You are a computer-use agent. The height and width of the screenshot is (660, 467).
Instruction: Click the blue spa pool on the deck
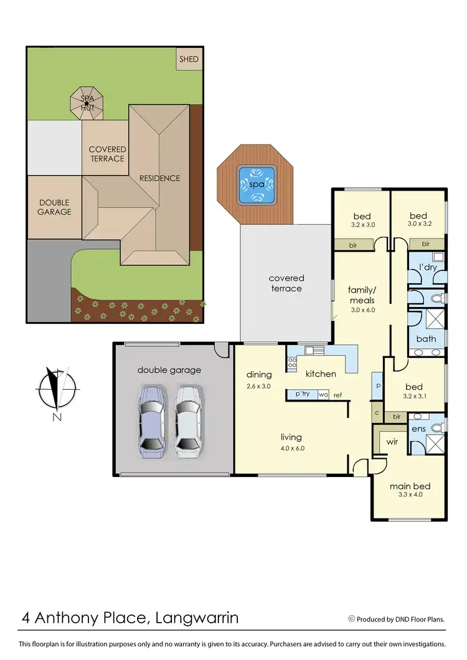[256, 184]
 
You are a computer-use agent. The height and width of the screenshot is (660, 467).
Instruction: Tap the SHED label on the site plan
[189, 60]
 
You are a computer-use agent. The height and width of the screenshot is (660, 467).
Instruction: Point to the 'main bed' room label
[410, 486]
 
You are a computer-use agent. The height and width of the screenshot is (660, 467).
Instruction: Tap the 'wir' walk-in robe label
[392, 441]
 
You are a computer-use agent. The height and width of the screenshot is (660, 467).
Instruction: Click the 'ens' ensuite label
[418, 429]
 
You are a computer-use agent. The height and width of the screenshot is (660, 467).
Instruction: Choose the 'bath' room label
[426, 339]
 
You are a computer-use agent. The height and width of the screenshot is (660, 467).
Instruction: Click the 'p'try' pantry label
[303, 395]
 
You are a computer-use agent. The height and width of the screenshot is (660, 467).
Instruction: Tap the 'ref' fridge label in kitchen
[338, 395]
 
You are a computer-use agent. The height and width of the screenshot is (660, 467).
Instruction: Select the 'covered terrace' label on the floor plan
[286, 283]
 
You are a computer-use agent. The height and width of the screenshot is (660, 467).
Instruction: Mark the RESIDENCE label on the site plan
[159, 178]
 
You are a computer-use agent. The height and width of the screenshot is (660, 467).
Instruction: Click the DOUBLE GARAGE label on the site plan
[55, 207]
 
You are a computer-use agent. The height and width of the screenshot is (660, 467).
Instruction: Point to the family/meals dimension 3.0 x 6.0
[362, 309]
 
